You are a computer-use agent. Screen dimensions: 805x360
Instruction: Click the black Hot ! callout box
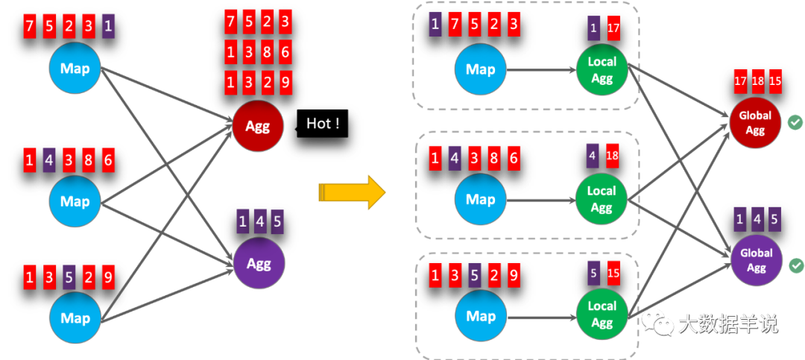[x=323, y=123]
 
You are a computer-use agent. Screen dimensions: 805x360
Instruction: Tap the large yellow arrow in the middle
[x=352, y=192]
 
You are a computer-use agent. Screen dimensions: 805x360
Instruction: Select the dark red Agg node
[x=258, y=125]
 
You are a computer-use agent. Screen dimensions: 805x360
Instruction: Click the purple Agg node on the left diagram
[x=259, y=263]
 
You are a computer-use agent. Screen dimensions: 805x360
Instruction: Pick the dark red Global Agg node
[x=754, y=123]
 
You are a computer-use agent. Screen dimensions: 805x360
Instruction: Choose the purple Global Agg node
[x=757, y=260]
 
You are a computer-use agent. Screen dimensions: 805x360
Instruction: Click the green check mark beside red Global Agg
[x=795, y=123]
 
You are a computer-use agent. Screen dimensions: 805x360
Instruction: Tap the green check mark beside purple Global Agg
[x=796, y=265]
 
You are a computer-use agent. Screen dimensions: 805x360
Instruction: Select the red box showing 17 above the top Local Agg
[x=613, y=29]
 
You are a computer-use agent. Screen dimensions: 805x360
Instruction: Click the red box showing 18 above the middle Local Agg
[x=612, y=156]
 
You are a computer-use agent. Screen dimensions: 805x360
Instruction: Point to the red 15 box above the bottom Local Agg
[x=613, y=273]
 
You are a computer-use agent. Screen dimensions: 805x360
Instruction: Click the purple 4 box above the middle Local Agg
[x=593, y=156]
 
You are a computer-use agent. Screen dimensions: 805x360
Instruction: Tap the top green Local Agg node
[x=602, y=69]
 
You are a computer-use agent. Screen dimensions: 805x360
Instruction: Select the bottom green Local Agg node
[x=602, y=315]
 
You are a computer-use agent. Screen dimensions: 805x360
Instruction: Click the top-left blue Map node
[x=75, y=68]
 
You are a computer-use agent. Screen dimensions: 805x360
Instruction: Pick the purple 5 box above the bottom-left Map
[x=69, y=277]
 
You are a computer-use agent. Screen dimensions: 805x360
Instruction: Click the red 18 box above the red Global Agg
[x=757, y=82]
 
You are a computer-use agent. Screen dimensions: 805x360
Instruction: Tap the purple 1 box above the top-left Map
[x=108, y=26]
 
